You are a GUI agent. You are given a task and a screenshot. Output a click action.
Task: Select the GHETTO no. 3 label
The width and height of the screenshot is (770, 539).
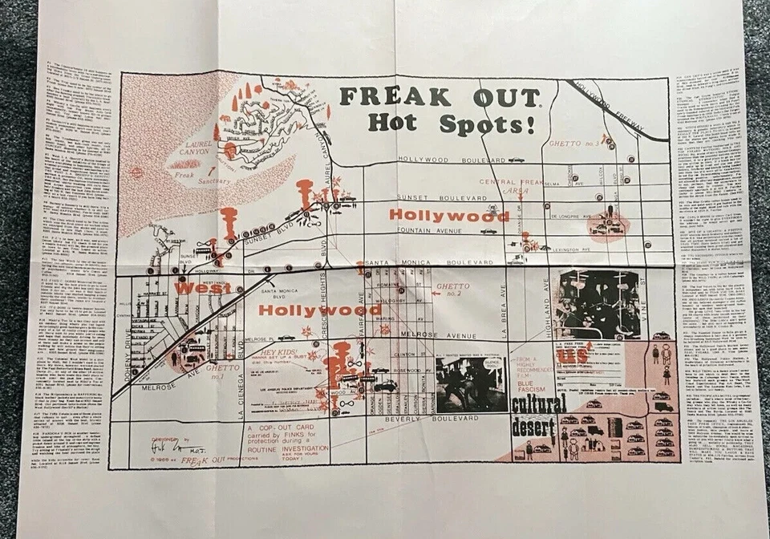[575, 144]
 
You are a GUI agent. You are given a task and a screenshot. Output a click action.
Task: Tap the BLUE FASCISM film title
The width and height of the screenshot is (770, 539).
[532, 385]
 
